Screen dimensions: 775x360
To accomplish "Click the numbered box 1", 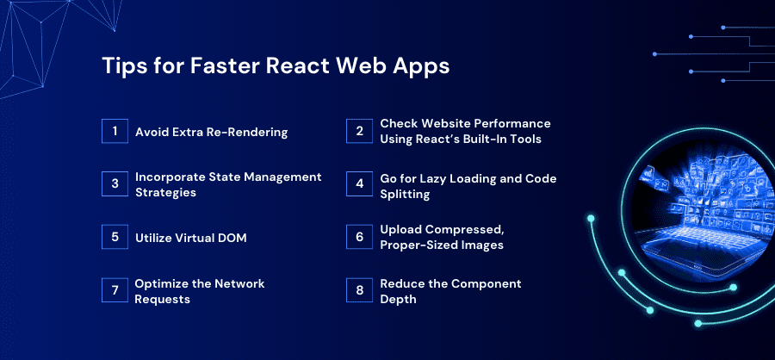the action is point(115,131).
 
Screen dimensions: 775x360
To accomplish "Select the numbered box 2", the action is point(359,131).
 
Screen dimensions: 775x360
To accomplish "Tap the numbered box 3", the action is point(115,184).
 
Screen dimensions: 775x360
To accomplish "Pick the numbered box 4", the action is point(359,184).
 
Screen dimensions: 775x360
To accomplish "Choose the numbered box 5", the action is point(115,237).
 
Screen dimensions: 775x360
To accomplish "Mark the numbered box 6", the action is point(359,237).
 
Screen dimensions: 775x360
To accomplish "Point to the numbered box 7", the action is point(115,289).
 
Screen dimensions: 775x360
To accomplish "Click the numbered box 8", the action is point(359,289).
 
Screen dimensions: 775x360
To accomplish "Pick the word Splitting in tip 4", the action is point(405,195).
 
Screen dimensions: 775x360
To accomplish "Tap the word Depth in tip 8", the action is point(398,300).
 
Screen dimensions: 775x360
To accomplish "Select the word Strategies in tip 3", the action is point(165,192).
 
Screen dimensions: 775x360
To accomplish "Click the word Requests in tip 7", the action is point(162,299).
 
